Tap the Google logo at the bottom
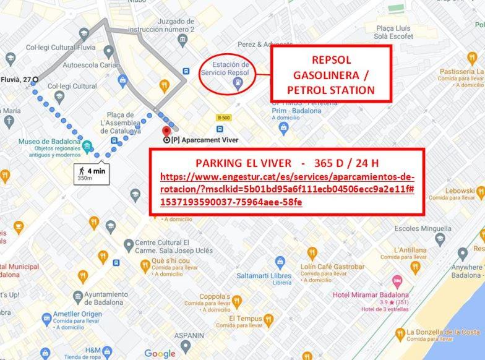coord(160,353)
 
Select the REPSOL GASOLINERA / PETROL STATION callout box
coord(331,73)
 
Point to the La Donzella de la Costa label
coord(443,333)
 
